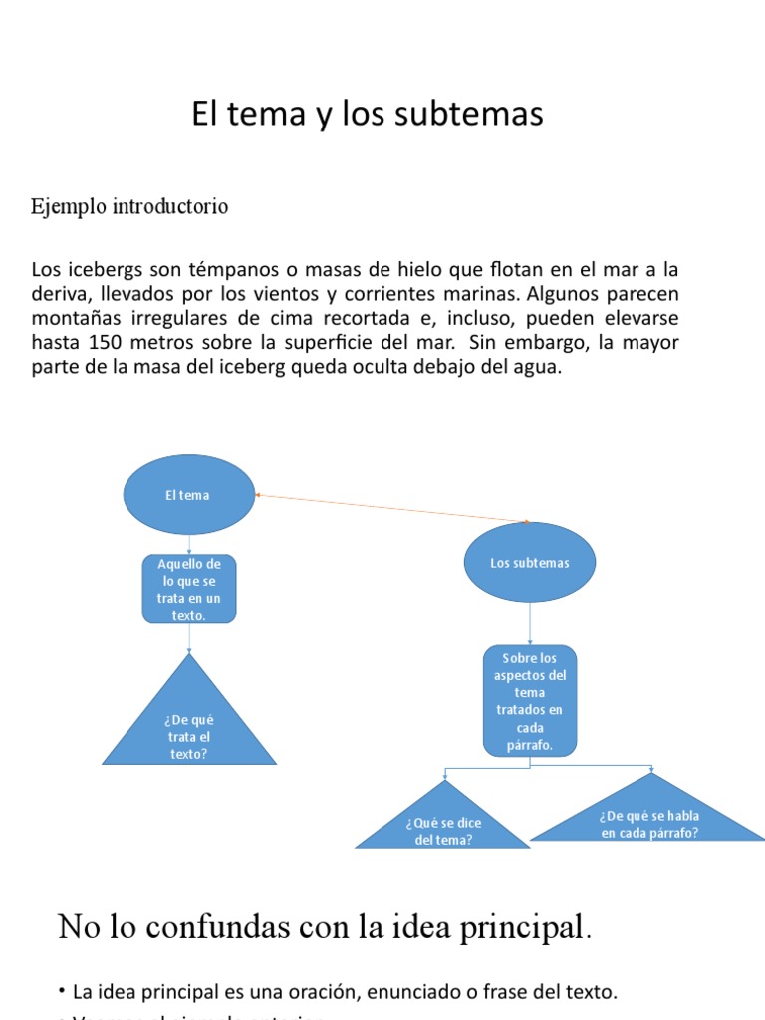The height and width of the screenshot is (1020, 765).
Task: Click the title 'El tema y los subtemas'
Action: click(x=368, y=115)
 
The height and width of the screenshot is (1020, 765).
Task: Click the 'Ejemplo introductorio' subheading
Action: click(x=129, y=207)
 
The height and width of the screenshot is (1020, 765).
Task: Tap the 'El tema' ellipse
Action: click(x=188, y=495)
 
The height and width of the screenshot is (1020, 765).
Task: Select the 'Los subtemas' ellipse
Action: click(x=530, y=563)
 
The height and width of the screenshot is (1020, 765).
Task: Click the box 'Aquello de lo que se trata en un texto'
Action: click(x=189, y=589)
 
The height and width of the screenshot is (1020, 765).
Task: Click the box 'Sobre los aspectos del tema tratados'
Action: click(x=530, y=700)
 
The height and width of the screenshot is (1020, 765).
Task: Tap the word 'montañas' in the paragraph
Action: click(x=72, y=319)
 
